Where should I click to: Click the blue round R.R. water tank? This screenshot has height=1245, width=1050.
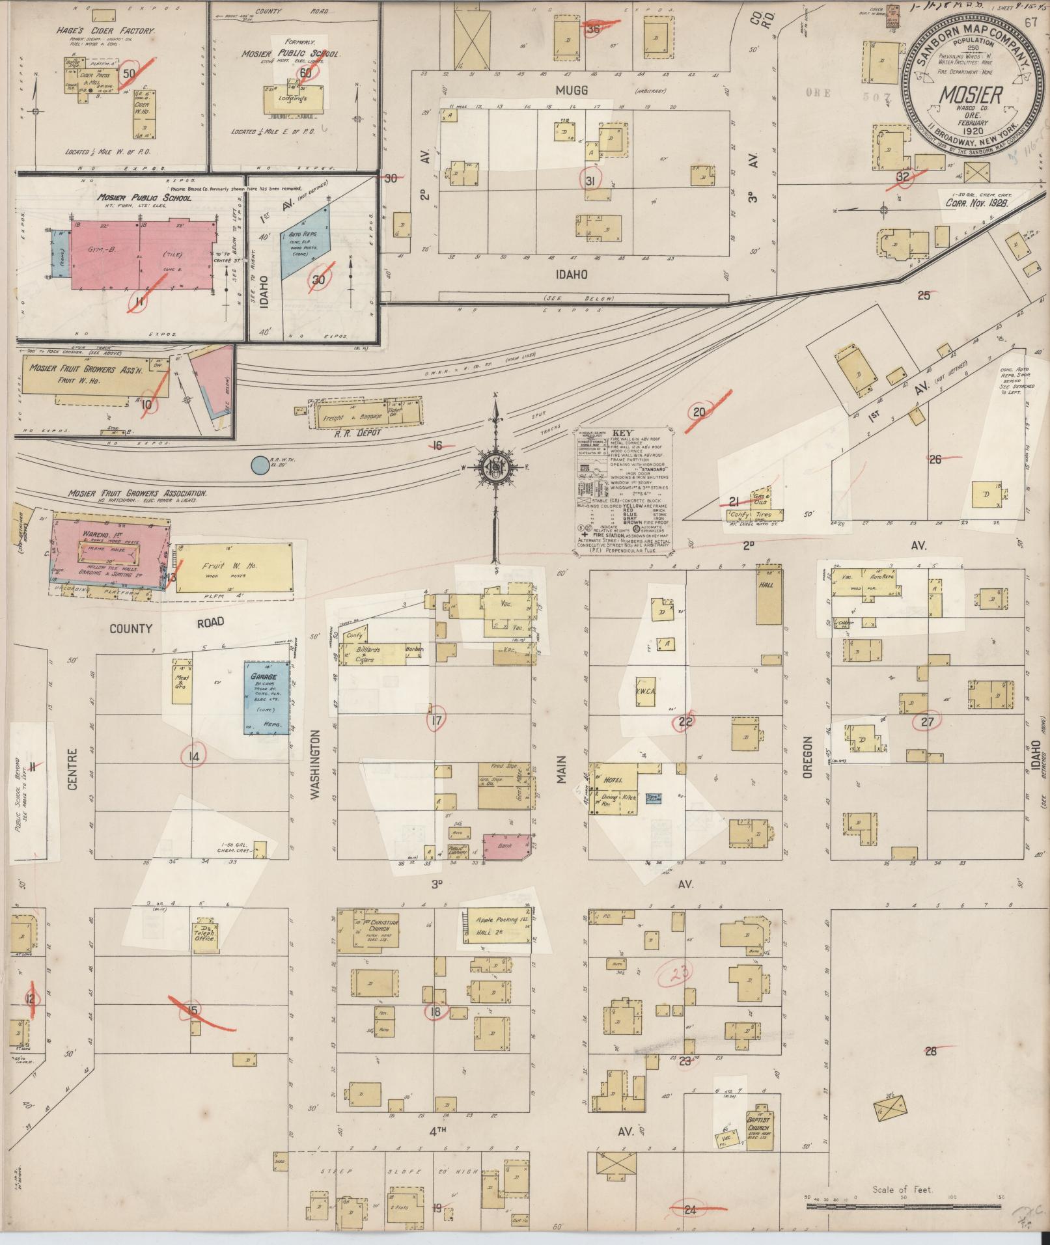[260, 465]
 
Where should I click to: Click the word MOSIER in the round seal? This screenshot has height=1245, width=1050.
[969, 96]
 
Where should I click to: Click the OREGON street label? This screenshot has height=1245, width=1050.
[808, 758]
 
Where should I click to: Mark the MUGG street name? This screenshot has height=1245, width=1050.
[572, 90]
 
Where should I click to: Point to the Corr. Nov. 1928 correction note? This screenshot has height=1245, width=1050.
[976, 202]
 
